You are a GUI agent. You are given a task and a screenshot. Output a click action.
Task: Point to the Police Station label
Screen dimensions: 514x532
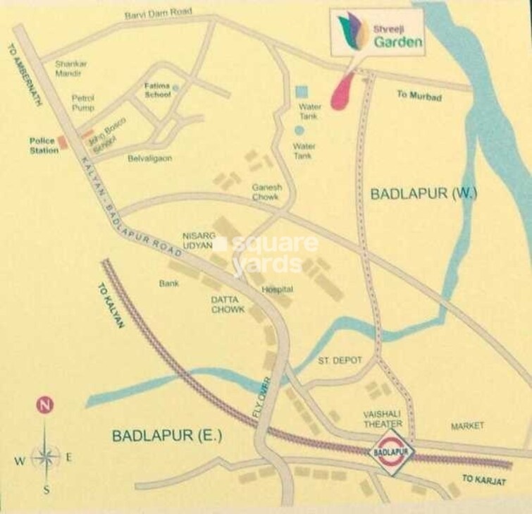(x=43, y=145)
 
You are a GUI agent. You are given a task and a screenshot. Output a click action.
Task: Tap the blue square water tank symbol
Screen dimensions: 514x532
(x=302, y=92)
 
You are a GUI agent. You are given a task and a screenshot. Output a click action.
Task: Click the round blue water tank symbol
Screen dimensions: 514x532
(x=300, y=130)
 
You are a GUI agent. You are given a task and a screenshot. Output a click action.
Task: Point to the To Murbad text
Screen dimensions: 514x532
(x=419, y=95)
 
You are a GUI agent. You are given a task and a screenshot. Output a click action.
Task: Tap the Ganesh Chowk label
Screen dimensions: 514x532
(x=266, y=192)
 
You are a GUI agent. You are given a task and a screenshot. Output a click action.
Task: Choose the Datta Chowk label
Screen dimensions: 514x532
(x=227, y=304)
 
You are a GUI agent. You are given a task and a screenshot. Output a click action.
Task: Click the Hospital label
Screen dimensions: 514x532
(x=277, y=289)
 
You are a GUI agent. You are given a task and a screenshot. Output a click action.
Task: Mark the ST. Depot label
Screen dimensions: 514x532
(x=340, y=360)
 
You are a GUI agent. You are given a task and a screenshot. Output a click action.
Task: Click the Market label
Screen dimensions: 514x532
(x=467, y=426)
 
